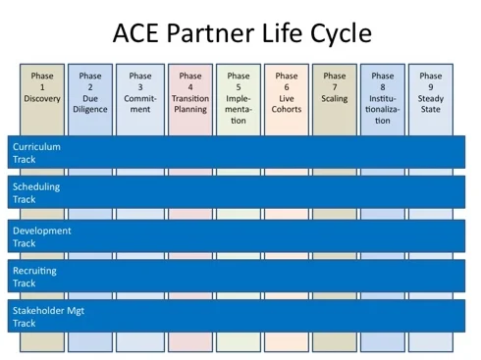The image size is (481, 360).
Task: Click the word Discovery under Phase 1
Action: coord(42,98)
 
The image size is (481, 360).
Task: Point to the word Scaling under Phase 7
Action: coord(335,98)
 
